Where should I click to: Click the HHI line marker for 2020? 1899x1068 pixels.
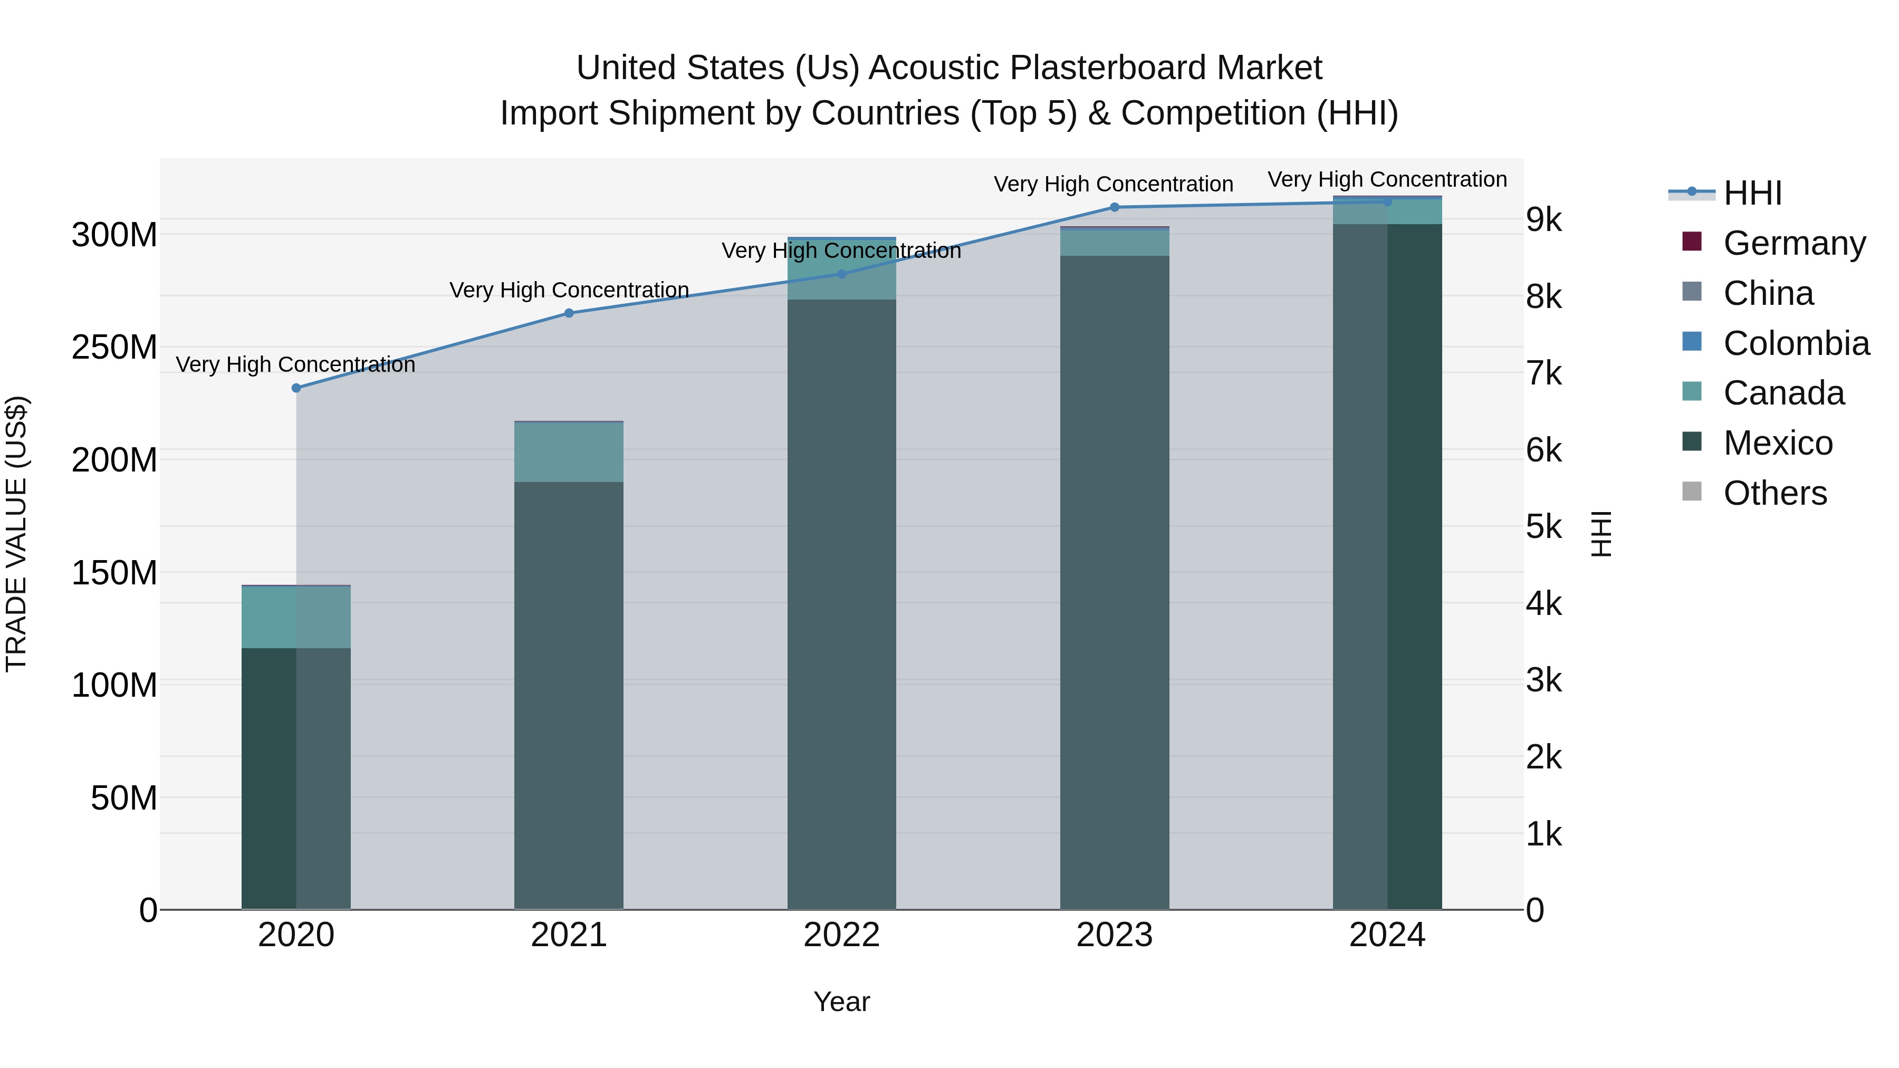pyautogui.click(x=296, y=388)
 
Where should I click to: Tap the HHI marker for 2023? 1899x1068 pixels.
pyautogui.click(x=1115, y=207)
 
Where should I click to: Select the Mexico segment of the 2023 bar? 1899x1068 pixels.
pyautogui.click(x=1115, y=582)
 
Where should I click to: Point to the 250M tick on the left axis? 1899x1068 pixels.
pyautogui.click(x=114, y=347)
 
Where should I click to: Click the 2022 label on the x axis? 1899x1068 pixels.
pyautogui.click(x=842, y=935)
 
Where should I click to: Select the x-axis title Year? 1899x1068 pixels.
pyautogui.click(x=842, y=1002)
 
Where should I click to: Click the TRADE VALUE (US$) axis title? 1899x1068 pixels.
pyautogui.click(x=16, y=534)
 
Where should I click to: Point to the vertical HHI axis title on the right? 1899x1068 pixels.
pyautogui.click(x=1601, y=534)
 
